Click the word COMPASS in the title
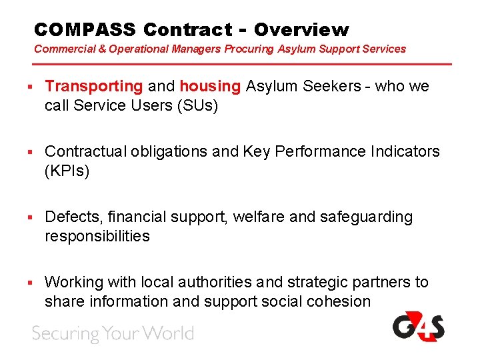click(85, 29)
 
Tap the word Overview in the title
click(301, 29)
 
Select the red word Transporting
click(93, 86)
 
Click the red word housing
click(210, 86)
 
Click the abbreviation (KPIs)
click(67, 171)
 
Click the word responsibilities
click(97, 236)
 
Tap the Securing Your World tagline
click(113, 333)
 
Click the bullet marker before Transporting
click(31, 87)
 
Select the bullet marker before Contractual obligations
click(31, 152)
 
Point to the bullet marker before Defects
click(31, 217)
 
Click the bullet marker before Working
click(31, 283)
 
